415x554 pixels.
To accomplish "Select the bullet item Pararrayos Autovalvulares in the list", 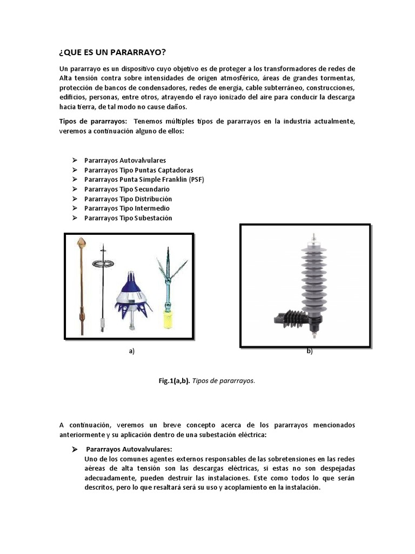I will tap(125, 161).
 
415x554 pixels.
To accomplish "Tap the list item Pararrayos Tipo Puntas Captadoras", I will tap(138, 170).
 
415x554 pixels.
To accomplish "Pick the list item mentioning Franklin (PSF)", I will tap(144, 180).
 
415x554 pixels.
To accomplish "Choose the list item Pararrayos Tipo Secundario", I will tap(126, 189).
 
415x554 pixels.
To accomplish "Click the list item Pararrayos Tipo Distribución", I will tap(128, 199).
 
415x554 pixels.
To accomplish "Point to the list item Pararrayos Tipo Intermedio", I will tap(126, 208).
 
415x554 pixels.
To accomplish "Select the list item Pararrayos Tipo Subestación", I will tap(128, 217).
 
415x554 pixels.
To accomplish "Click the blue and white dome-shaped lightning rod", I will tap(132, 295).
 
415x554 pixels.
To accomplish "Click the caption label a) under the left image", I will tap(131, 351).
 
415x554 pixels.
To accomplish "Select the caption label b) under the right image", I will tap(310, 351).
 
